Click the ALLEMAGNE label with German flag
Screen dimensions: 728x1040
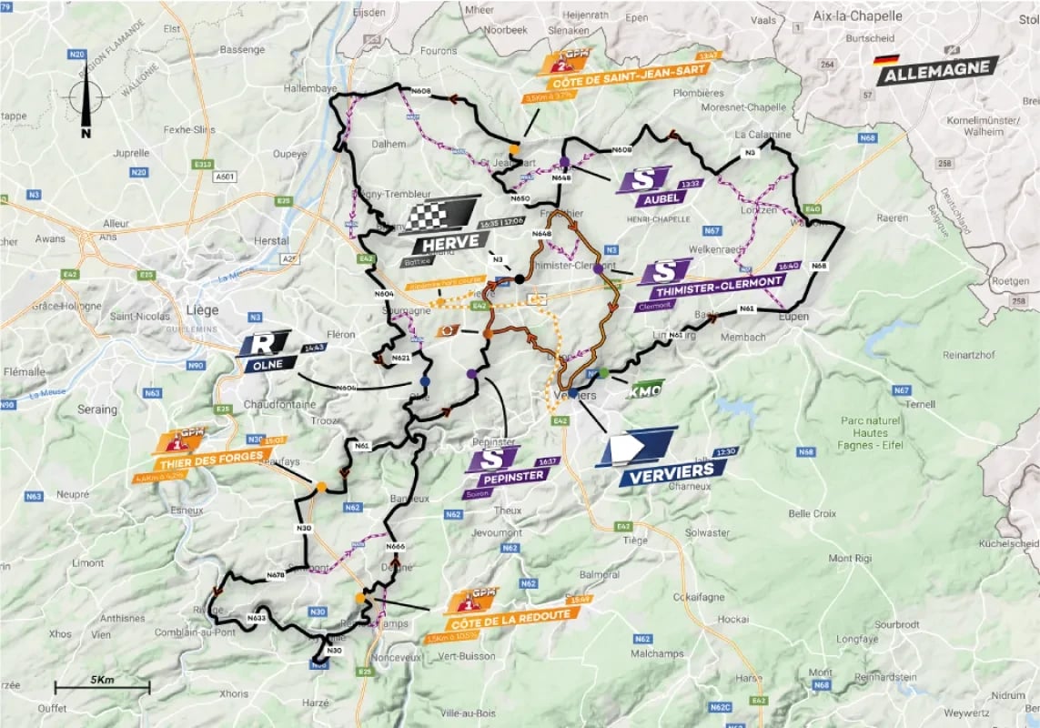pyautogui.click(x=937, y=70)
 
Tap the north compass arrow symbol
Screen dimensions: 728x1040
pyautogui.click(x=87, y=101)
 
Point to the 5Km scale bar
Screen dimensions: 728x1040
pyautogui.click(x=101, y=687)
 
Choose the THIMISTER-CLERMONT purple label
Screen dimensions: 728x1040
pyautogui.click(x=710, y=281)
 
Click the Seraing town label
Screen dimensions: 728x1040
pyautogui.click(x=96, y=409)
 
